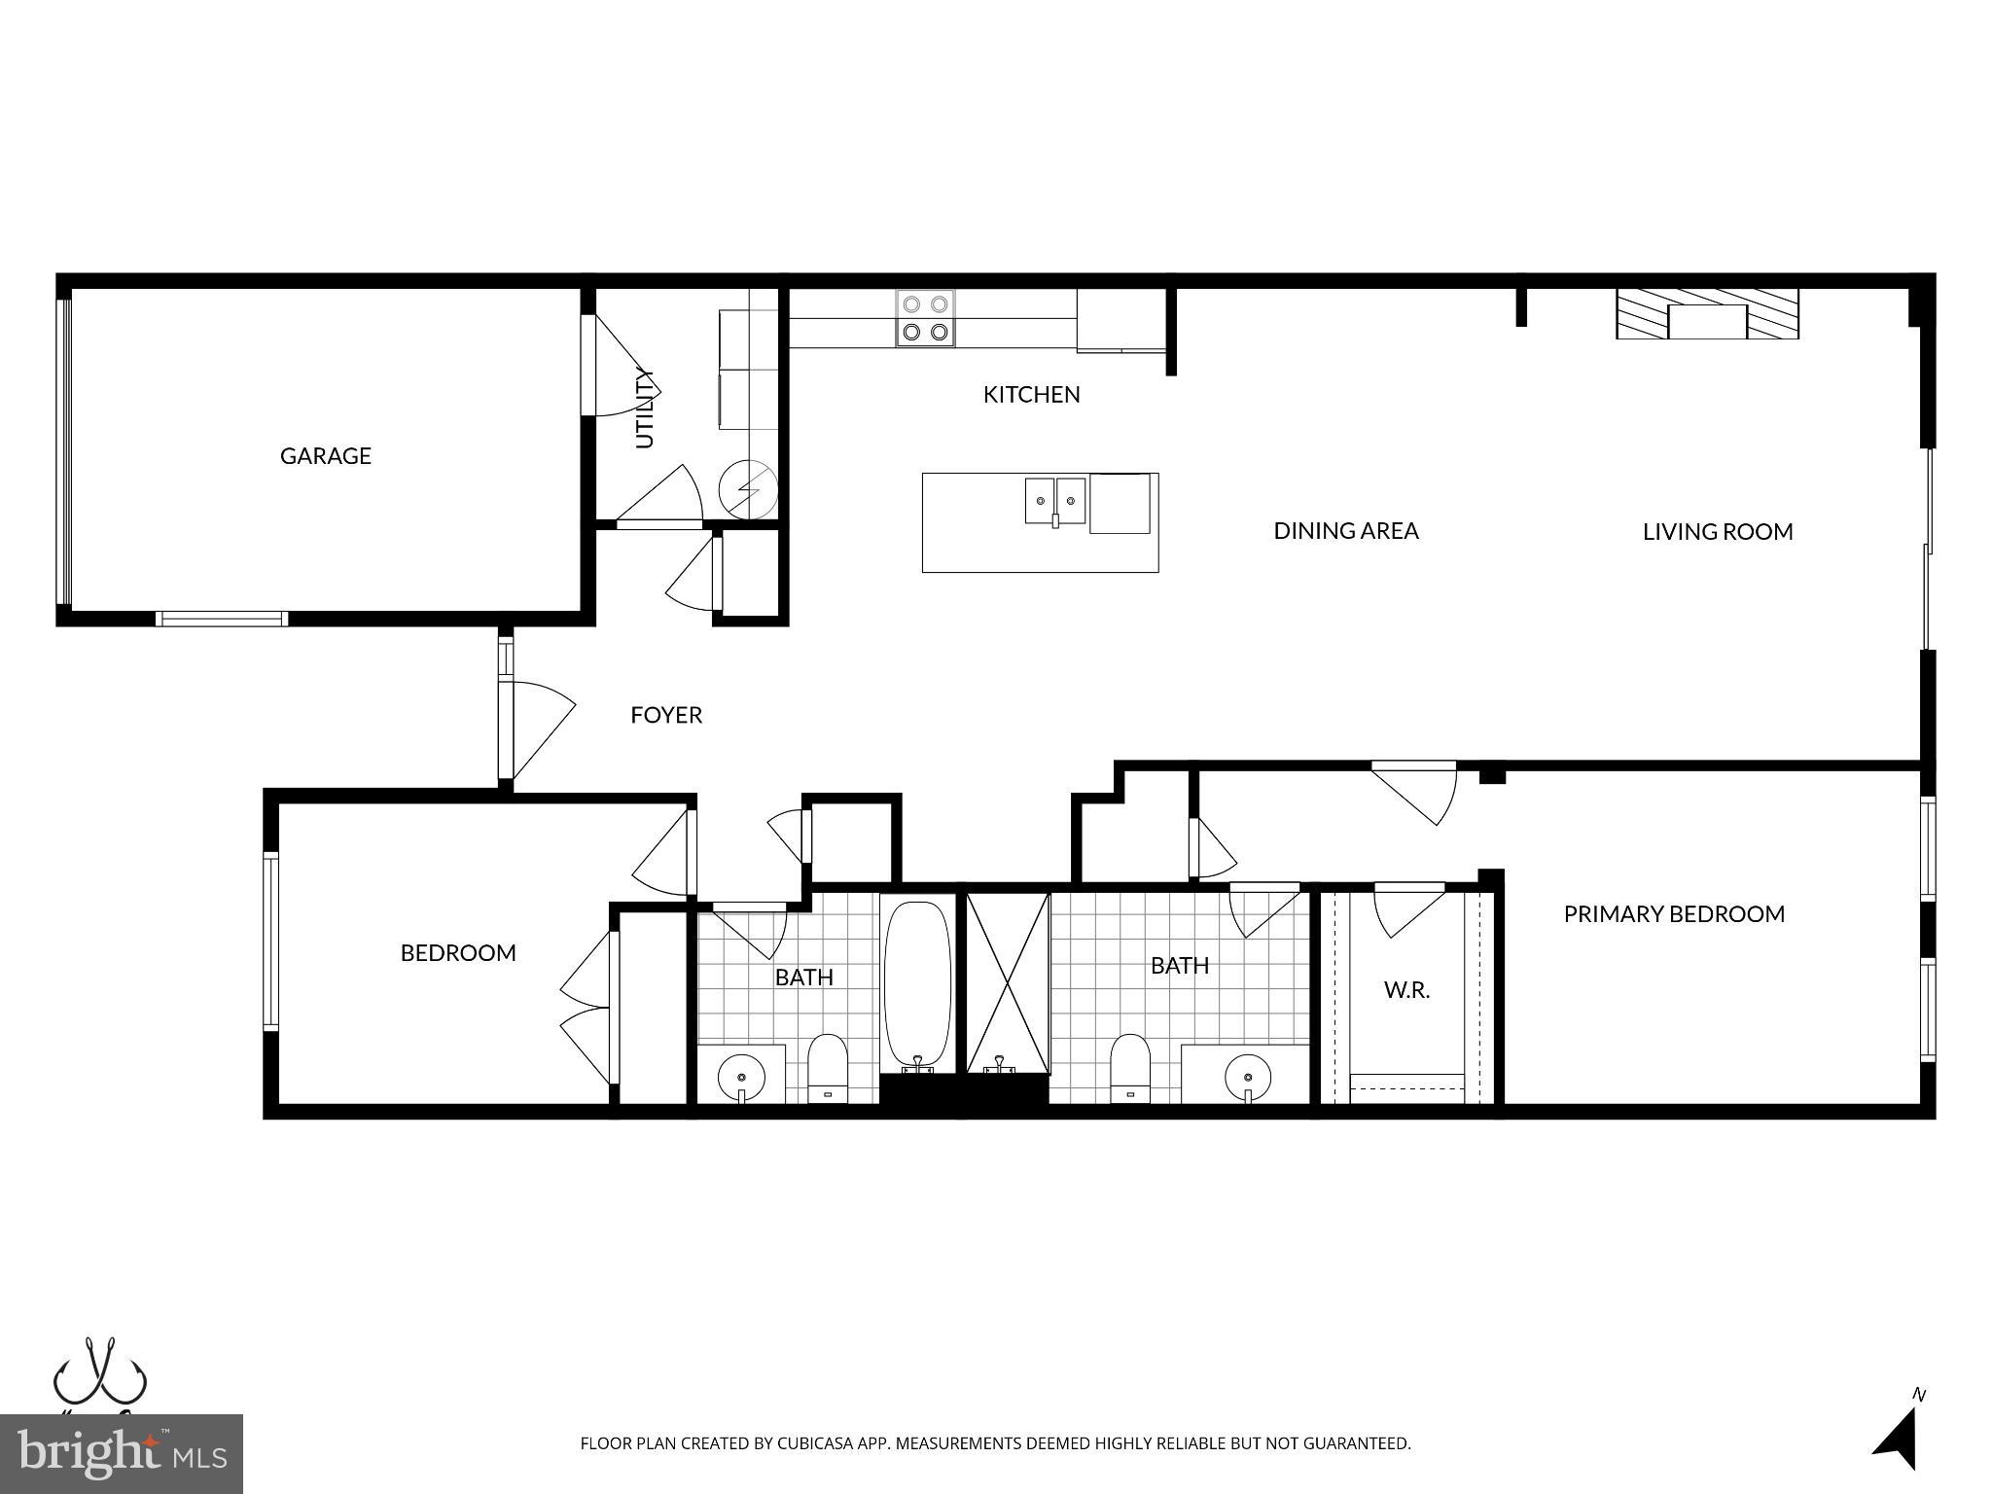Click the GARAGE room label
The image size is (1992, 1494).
tap(325, 456)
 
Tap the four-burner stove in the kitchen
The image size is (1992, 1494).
tap(925, 318)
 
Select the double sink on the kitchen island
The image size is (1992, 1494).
tap(1054, 501)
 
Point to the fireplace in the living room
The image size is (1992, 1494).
tap(1707, 314)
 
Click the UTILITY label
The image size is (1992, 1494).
tap(644, 408)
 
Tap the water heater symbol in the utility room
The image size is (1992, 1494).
tap(748, 489)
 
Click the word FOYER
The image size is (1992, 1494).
tap(665, 716)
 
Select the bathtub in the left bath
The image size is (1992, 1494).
tap(916, 984)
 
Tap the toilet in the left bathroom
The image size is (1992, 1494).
tap(828, 1066)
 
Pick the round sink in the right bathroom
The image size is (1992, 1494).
tap(1248, 1077)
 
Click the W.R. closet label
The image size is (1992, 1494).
tap(1406, 991)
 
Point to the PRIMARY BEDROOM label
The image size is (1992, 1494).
tap(1673, 914)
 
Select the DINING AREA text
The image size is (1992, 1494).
tap(1345, 531)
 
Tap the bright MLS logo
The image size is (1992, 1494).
tap(121, 1453)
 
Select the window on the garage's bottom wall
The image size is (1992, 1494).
tap(222, 619)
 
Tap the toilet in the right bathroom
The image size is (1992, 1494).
tap(1129, 1066)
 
